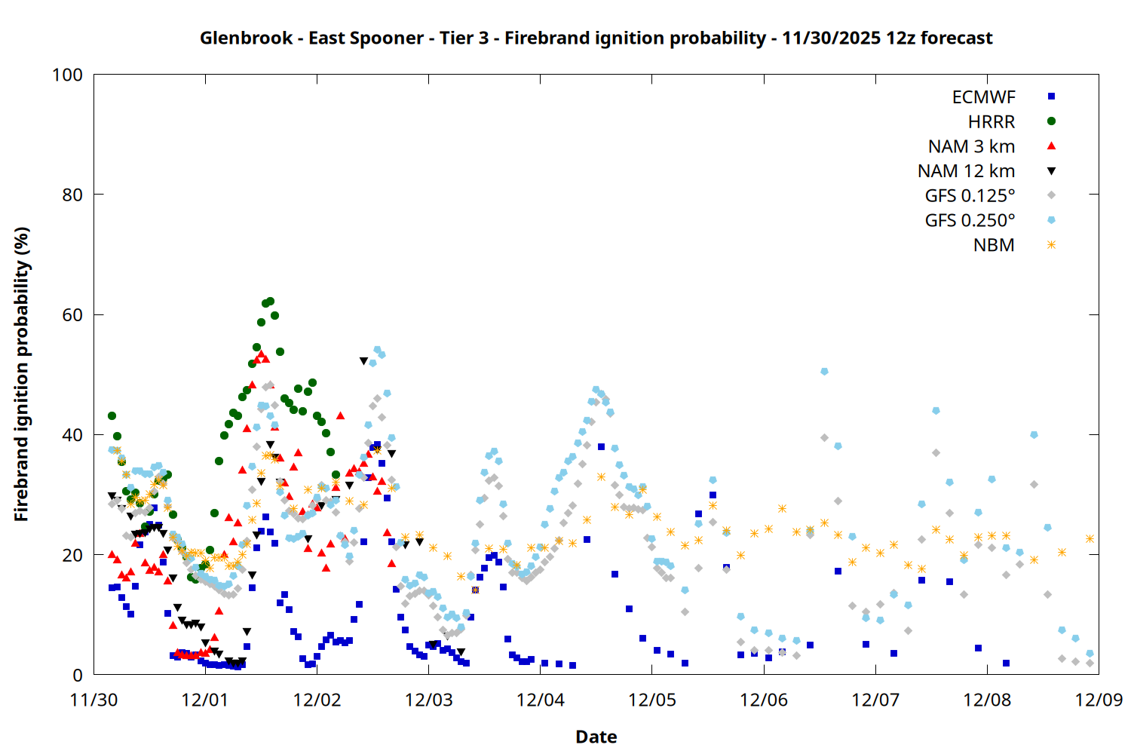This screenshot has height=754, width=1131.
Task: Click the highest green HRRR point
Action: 270,302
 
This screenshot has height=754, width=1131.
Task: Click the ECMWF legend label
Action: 983,97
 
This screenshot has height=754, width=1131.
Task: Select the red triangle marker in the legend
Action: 1051,146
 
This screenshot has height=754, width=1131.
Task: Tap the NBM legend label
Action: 994,245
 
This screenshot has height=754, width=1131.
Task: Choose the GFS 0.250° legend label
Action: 970,220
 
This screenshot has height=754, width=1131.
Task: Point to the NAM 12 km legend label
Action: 966,171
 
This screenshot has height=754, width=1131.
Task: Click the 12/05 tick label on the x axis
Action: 652,700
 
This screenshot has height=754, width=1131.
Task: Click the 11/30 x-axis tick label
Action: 94,700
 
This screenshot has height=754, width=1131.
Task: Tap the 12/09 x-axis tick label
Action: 1099,700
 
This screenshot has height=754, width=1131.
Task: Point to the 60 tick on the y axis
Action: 72,314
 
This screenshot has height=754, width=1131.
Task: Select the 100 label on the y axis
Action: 68,75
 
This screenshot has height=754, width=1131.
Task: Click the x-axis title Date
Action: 596,737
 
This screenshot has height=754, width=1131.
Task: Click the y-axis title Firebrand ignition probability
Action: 21,374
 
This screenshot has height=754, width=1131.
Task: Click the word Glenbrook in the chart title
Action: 247,38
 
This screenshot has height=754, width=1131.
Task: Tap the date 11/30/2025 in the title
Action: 831,38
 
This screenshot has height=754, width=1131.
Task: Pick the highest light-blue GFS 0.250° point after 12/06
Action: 824,371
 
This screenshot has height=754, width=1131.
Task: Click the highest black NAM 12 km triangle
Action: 363,360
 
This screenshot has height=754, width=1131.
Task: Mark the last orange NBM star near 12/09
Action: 1090,539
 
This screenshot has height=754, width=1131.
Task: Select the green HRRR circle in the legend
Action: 1051,121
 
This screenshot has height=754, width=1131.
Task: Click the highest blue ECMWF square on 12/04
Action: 601,447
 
